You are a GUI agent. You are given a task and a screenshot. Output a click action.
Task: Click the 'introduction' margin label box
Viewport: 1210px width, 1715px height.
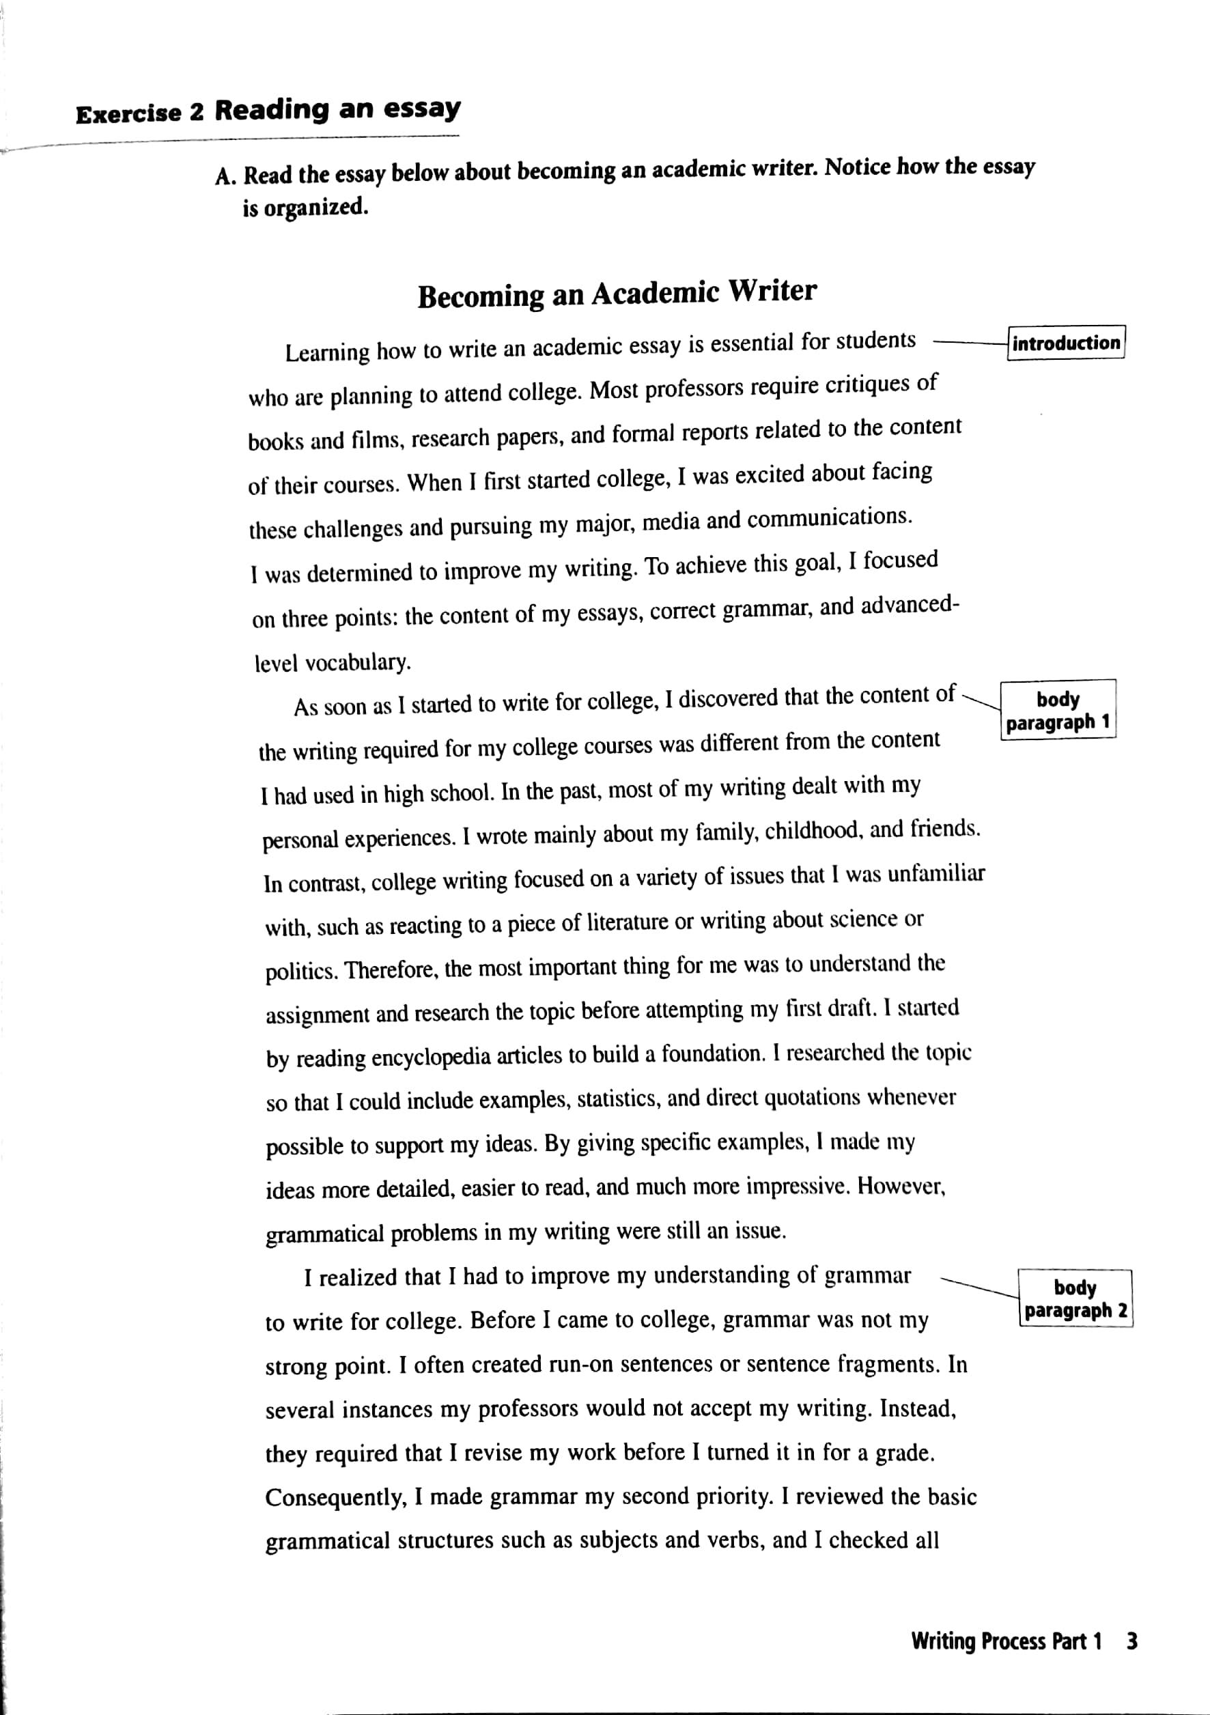tap(1066, 343)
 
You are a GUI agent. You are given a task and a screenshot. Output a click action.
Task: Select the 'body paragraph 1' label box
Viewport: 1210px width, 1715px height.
tap(1058, 710)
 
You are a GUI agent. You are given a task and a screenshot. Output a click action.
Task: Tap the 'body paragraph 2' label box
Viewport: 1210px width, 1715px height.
tap(1075, 1299)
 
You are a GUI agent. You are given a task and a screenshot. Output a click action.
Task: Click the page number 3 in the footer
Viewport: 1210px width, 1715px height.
tap(1131, 1641)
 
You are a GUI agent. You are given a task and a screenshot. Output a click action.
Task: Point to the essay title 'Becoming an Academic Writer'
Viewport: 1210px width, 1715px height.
tap(617, 293)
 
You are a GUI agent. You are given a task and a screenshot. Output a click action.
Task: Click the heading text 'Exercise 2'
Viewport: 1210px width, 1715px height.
tap(140, 113)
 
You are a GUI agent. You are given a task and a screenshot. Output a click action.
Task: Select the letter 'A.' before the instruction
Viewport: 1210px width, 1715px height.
tap(225, 176)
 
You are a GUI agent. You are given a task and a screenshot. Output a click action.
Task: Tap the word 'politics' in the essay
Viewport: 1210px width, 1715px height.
tap(302, 972)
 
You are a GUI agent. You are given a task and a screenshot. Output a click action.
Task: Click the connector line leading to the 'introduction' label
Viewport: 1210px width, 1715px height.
tap(969, 343)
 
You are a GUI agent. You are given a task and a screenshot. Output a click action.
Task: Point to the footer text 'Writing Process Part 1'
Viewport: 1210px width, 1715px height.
tap(1006, 1641)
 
